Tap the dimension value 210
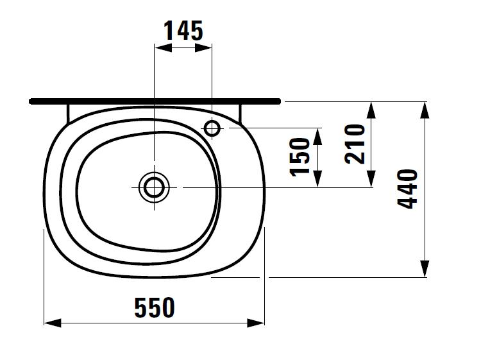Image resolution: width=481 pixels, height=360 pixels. [x=355, y=144]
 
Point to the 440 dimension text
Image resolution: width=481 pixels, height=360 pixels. [x=408, y=189]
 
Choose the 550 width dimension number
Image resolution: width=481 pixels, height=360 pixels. [x=154, y=308]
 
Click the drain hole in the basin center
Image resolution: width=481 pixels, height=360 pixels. [x=154, y=187]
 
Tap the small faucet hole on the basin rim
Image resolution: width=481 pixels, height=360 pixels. [x=212, y=128]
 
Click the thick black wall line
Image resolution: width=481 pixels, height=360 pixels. [x=155, y=101]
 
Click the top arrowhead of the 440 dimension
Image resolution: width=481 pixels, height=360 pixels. [x=424, y=110]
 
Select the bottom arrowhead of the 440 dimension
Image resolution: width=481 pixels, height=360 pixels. [x=424, y=269]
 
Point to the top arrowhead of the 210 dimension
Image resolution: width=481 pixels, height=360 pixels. [x=370, y=110]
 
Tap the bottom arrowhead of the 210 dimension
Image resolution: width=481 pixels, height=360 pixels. [x=370, y=179]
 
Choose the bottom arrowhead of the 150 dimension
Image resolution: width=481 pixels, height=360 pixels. [x=317, y=179]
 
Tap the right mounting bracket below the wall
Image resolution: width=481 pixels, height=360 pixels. [x=240, y=112]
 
